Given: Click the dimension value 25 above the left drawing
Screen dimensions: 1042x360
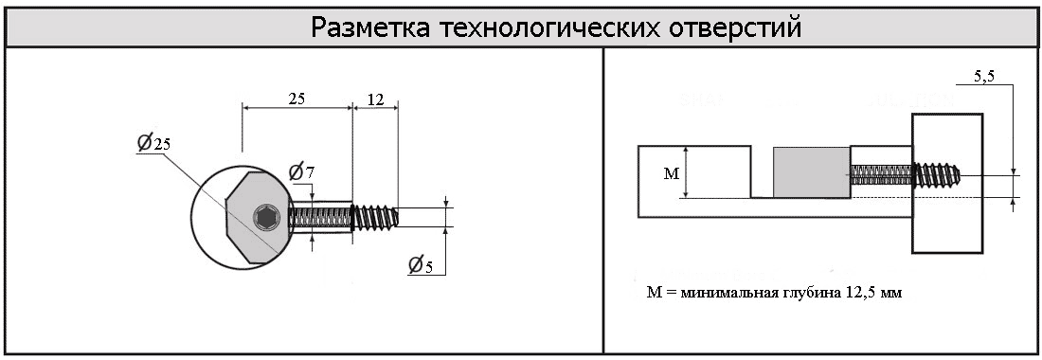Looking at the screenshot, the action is [x=296, y=99].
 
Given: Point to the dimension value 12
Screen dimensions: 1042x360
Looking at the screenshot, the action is [x=375, y=99].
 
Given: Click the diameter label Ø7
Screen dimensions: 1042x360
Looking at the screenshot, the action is [x=301, y=172].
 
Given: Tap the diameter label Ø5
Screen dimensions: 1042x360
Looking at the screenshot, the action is [x=420, y=265].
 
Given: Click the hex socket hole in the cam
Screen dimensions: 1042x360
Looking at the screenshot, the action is [x=264, y=217].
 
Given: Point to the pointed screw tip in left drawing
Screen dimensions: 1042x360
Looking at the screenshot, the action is [x=394, y=217].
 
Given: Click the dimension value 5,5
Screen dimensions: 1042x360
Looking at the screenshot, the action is [x=985, y=76].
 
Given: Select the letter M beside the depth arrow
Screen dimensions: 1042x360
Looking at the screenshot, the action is [x=672, y=174].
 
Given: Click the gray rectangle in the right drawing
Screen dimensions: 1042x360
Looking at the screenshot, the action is [x=812, y=172].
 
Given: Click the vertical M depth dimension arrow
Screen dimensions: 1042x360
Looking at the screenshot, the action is [x=686, y=172].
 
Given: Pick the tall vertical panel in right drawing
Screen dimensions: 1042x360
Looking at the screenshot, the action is [x=947, y=184].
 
